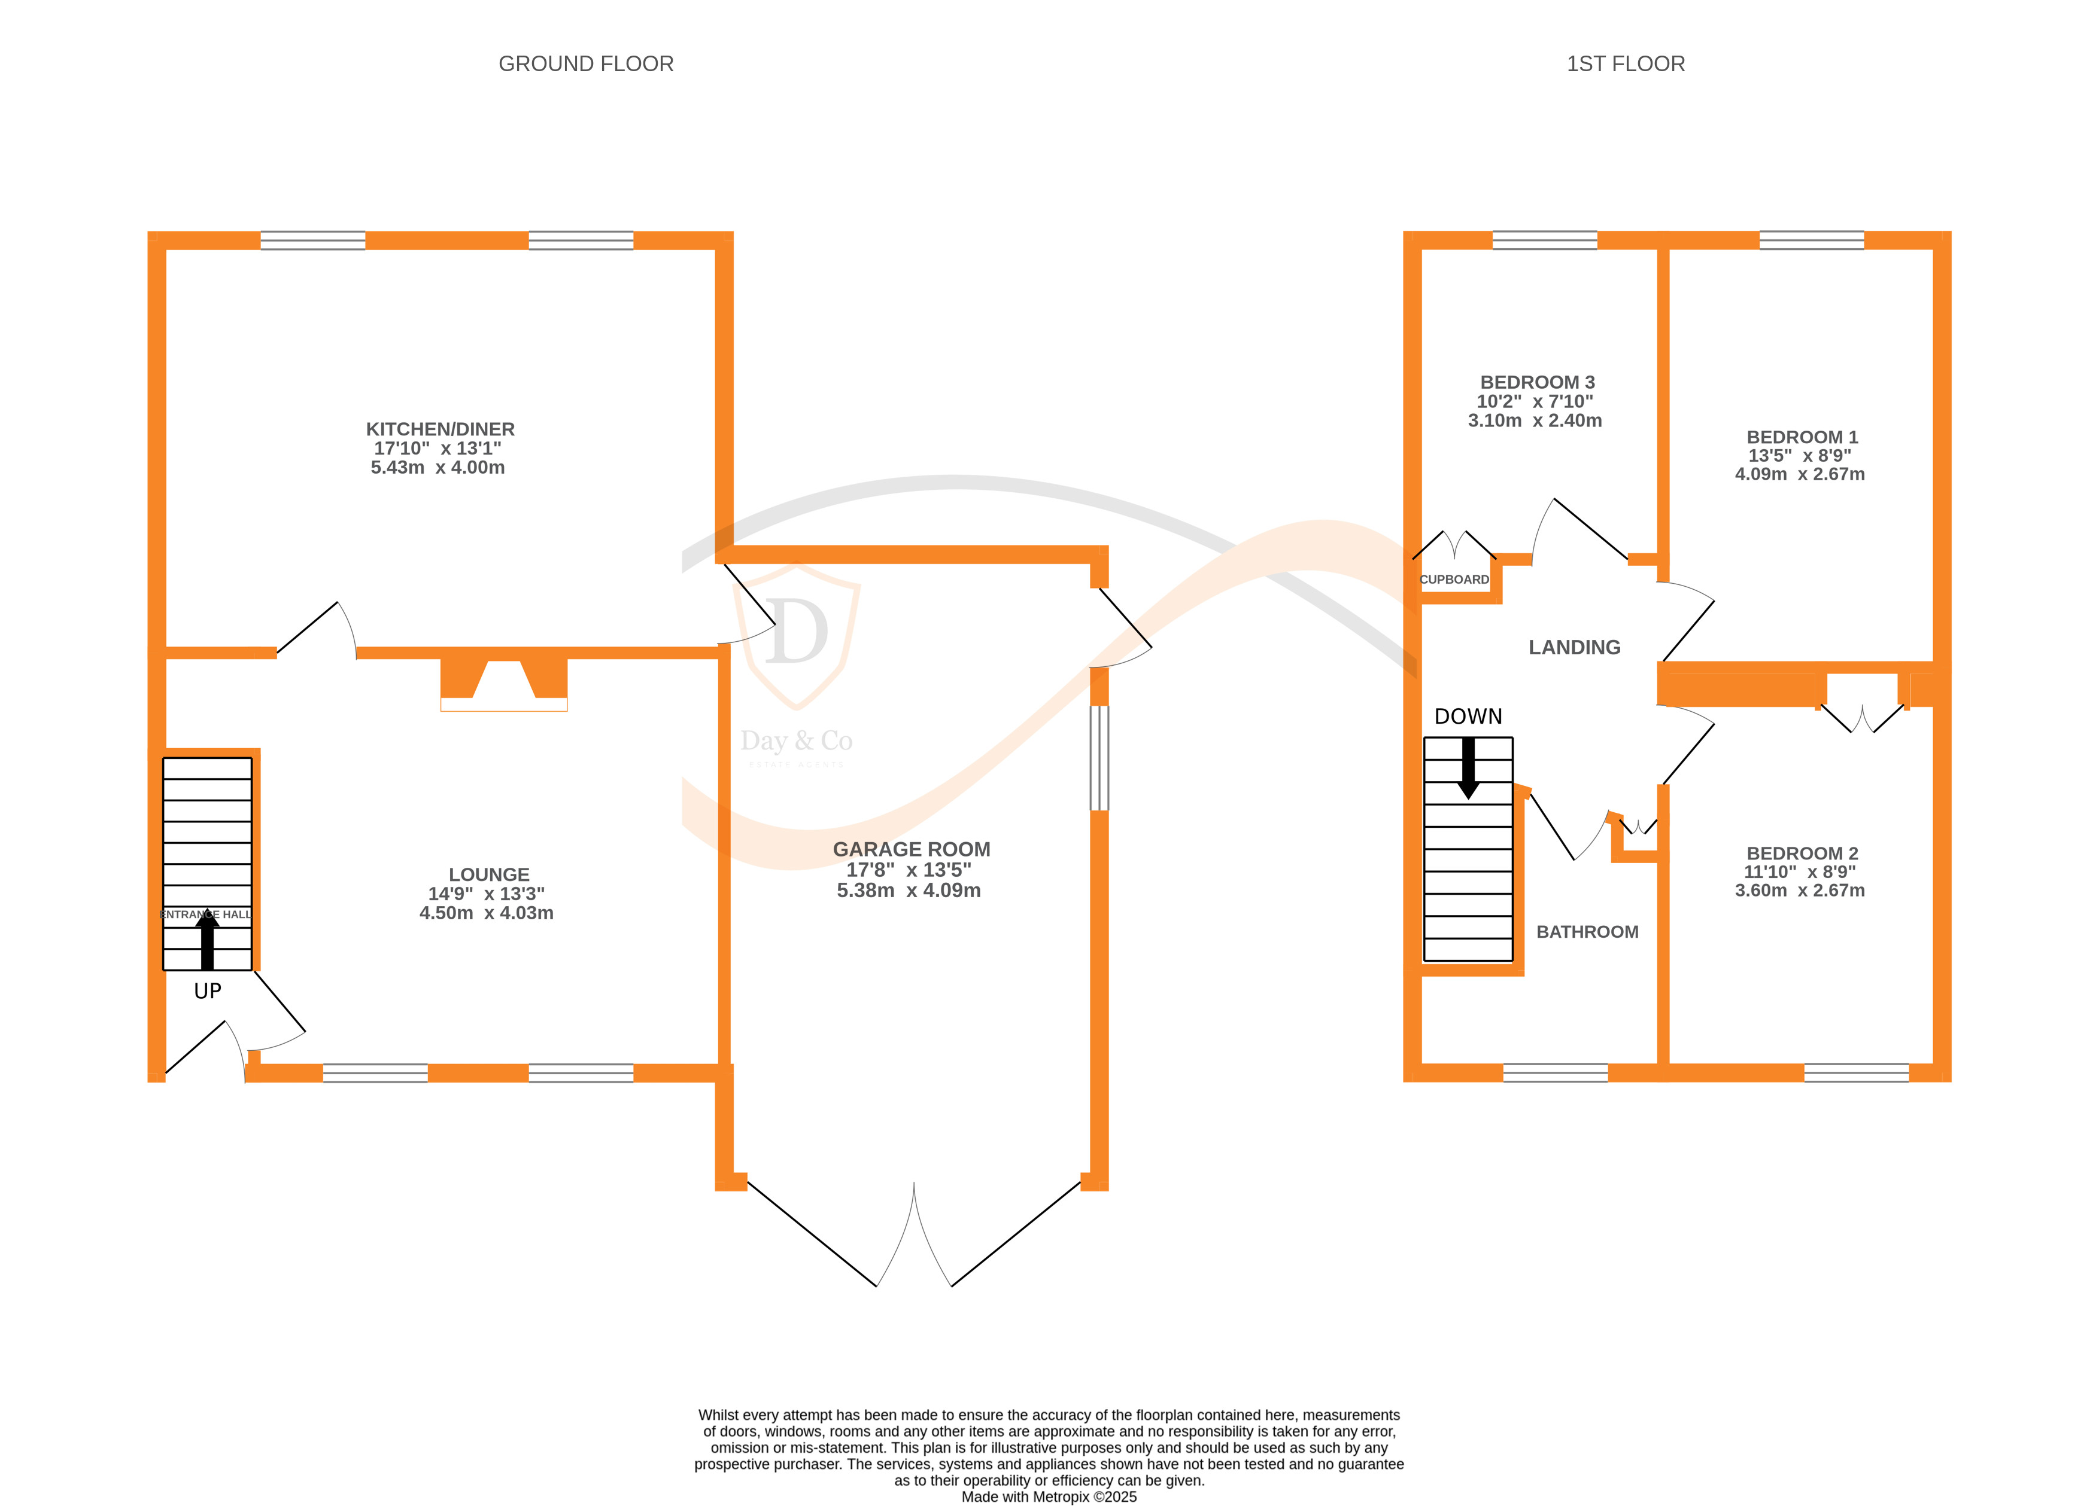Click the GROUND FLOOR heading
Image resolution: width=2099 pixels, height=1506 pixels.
tap(586, 64)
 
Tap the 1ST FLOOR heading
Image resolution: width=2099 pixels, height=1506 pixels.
tap(1625, 64)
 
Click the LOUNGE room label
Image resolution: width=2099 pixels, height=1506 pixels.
tap(488, 874)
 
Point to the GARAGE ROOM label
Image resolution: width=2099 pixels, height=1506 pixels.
tap(911, 849)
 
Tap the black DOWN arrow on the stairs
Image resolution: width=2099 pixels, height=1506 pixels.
tap(1468, 768)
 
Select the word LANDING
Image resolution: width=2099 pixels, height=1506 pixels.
tap(1574, 648)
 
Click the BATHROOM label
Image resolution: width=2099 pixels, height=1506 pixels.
tap(1587, 932)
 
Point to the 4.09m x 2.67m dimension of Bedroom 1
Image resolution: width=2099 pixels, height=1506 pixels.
tap(1799, 474)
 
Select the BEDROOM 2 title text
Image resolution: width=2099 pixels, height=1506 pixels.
tap(1801, 853)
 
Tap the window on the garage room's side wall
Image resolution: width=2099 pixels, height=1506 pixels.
tap(1098, 758)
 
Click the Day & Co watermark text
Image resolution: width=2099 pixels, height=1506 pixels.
tap(796, 741)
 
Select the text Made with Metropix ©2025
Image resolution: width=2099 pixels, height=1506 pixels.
tap(1049, 1496)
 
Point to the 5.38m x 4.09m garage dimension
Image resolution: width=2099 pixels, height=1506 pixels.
tap(908, 890)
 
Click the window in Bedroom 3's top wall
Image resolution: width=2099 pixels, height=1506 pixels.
tap(1545, 240)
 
